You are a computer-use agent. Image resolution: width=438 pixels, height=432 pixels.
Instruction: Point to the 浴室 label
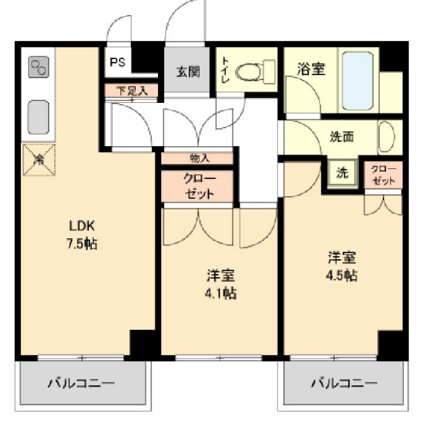point(311,69)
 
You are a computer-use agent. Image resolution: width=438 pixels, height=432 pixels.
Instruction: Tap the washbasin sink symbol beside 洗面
point(385,137)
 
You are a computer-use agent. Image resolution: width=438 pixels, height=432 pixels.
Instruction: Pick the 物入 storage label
point(199,159)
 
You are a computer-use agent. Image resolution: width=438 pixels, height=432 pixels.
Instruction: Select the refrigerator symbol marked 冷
point(39,159)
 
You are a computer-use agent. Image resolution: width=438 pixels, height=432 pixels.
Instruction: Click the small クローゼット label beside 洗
point(383,174)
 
